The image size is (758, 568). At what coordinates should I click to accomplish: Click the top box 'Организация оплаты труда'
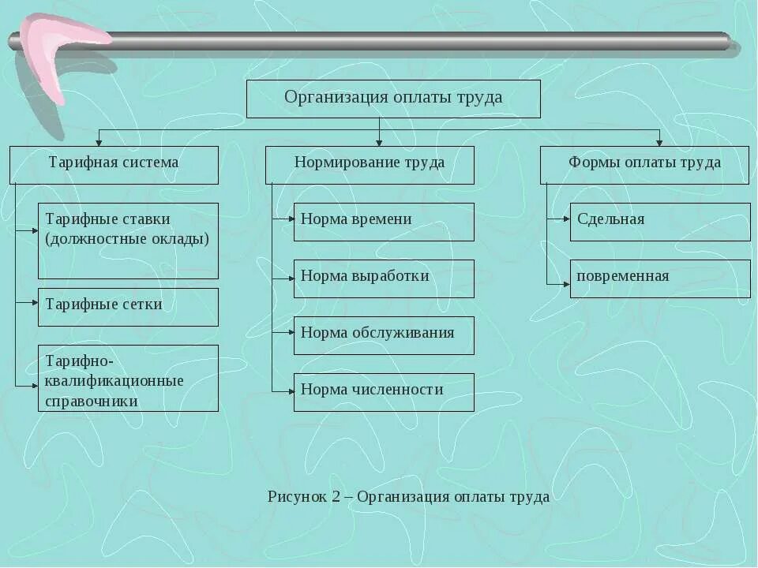coord(393,99)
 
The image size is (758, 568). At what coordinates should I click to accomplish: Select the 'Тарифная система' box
coord(114,164)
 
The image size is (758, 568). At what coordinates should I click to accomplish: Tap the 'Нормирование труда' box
coord(370,164)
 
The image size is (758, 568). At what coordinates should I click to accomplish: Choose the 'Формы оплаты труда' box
coord(644,164)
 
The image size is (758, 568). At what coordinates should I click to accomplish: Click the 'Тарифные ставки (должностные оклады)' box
coord(128,240)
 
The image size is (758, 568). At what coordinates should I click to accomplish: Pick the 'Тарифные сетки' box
coord(128,306)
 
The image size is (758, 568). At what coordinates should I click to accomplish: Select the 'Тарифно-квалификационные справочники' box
coord(128,377)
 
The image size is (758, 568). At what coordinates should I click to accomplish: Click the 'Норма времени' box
coord(384,221)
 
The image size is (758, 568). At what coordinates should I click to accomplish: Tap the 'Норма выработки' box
coord(384,278)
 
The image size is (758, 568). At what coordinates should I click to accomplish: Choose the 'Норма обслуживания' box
coord(384,334)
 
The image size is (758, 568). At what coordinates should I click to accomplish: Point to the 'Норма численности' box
coord(384,391)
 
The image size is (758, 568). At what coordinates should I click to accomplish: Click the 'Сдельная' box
coord(660,221)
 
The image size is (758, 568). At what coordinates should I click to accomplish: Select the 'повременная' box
coord(660,278)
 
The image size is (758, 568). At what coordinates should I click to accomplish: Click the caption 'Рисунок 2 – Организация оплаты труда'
coord(408,497)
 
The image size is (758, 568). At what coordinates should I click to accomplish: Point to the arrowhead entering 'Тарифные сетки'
coord(34,301)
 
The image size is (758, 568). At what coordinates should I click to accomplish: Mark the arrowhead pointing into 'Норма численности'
coord(290,390)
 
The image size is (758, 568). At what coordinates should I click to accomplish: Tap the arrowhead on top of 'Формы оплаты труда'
coord(659,143)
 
